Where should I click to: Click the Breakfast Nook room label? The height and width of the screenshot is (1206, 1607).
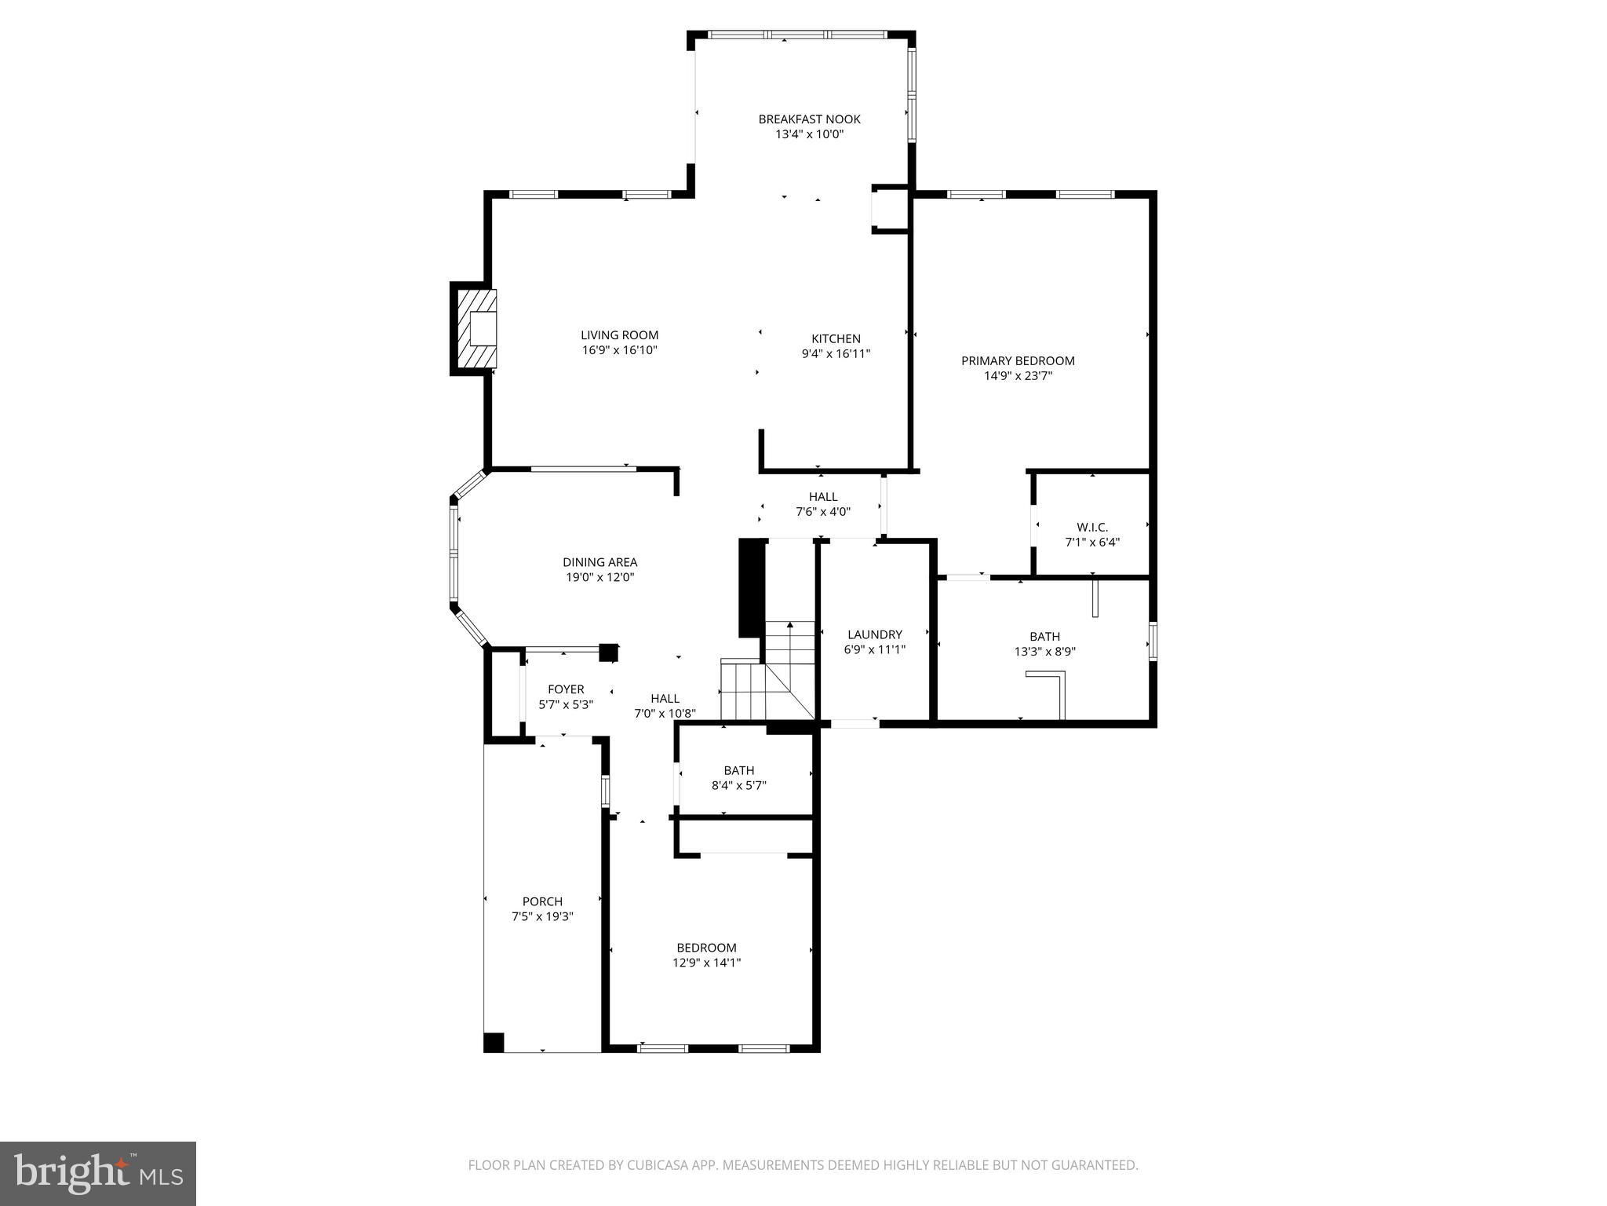pos(809,119)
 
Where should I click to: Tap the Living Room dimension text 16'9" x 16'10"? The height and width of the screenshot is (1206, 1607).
pos(619,350)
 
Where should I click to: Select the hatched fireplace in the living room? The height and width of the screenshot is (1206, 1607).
pos(475,328)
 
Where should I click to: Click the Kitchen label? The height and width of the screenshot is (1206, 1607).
pos(836,338)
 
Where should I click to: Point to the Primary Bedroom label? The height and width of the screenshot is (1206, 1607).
pos(1018,360)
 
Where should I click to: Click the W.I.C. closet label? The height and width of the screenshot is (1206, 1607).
pos(1091,528)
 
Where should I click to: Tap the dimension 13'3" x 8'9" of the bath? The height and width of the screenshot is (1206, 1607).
pos(1044,651)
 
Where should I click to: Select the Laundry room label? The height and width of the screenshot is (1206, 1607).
pos(874,634)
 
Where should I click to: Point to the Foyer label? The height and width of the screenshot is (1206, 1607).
pos(566,689)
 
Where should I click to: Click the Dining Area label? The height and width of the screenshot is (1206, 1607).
pos(599,562)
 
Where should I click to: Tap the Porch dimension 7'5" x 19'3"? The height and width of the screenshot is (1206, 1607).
pos(542,916)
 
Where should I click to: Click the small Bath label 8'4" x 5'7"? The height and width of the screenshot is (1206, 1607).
pos(738,770)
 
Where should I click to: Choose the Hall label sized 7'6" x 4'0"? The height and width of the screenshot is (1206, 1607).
pos(823,496)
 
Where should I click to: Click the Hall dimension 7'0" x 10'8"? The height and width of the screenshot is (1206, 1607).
pos(665,714)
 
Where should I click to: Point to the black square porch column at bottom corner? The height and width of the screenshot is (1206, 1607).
pos(493,1043)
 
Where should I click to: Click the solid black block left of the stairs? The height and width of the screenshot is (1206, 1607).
pos(751,587)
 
